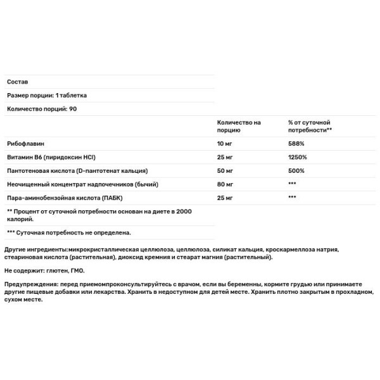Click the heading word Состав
click(17, 82)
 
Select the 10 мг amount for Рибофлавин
click(225, 144)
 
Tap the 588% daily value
click(296, 144)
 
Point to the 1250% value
click(298, 157)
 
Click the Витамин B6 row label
click(54, 157)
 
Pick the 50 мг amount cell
click(225, 171)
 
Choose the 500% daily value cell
click(296, 171)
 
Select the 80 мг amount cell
click(225, 184)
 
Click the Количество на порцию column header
click(239, 125)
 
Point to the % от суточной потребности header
click(310, 125)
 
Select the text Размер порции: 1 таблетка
click(47, 96)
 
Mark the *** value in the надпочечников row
click(292, 184)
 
